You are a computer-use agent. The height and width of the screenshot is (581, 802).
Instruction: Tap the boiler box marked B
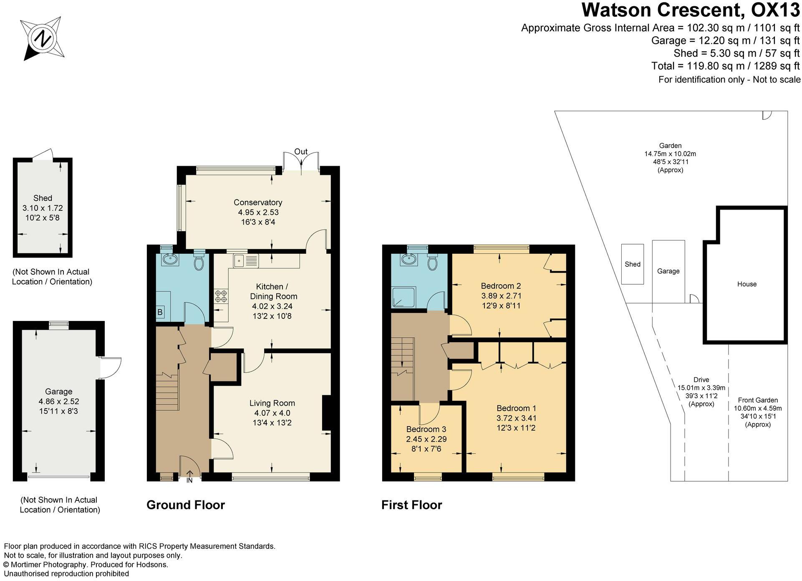click(160, 312)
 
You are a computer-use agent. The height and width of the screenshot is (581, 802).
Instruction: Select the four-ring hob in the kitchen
click(221, 296)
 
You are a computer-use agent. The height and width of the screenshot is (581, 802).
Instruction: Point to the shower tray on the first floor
click(404, 297)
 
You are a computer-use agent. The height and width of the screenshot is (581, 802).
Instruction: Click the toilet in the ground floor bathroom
click(199, 260)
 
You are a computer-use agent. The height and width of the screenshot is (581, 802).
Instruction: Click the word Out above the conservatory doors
click(301, 152)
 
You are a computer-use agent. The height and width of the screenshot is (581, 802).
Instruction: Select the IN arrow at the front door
click(189, 476)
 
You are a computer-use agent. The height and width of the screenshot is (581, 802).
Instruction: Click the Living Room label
click(272, 403)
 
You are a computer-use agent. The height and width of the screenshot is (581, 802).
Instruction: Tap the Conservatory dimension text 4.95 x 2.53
click(258, 212)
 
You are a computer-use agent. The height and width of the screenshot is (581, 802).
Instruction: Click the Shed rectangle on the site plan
click(633, 264)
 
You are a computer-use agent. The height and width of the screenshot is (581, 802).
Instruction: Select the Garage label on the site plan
click(668, 271)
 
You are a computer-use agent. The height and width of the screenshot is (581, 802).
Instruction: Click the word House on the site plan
click(747, 284)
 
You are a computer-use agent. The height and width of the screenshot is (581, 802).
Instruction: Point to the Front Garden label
click(758, 400)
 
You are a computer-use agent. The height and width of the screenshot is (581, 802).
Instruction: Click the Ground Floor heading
click(186, 505)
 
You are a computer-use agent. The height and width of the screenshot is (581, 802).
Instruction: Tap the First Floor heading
click(411, 505)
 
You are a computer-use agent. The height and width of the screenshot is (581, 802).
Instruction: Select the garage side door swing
click(111, 367)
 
